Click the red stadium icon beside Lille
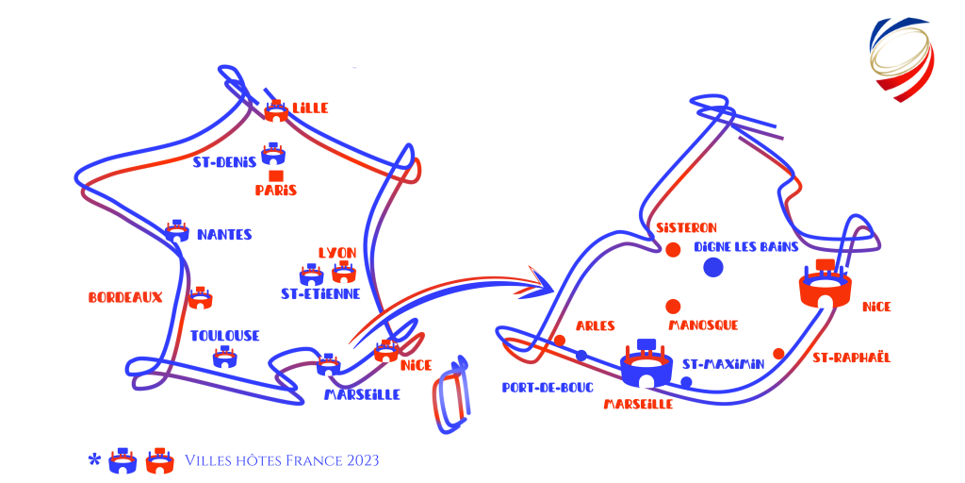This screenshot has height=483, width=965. point(276,111)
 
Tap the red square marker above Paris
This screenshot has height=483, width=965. point(276,176)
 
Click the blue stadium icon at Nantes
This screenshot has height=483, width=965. point(177,230)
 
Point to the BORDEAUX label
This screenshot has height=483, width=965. point(125,297)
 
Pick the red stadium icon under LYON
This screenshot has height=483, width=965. point(344,272)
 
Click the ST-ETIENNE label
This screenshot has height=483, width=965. point(320,294)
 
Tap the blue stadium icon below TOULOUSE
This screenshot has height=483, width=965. point(224,357)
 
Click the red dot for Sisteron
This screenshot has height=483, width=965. point(673,249)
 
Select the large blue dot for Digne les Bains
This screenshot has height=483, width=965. point(712,267)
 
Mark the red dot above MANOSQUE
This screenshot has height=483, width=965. point(673,307)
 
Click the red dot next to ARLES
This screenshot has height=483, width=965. point(560,340)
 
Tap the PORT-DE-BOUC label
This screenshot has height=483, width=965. point(548,388)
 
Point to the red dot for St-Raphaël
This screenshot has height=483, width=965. point(778,353)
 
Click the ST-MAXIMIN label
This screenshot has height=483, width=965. point(723,364)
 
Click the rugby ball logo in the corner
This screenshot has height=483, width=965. point(902,58)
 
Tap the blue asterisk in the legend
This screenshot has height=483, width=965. point(94,459)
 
